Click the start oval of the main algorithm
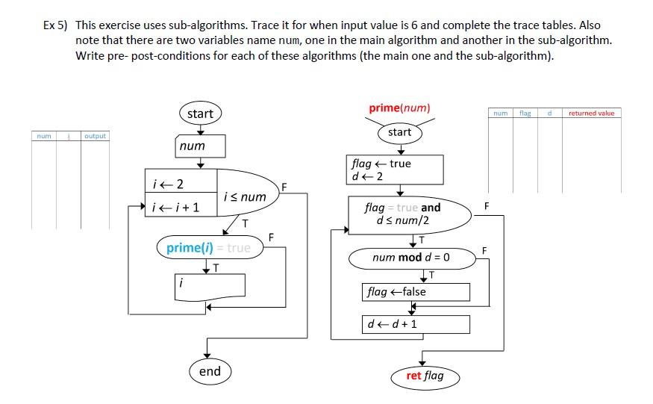200,114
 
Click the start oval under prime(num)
399,132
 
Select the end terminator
210,371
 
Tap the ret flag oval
425,376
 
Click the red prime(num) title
399,108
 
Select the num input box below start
200,146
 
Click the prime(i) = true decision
210,248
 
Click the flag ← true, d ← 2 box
396,170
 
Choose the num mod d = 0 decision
411,258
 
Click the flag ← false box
416,291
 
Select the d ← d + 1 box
416,324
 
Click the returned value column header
591,113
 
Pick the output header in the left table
95,136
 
